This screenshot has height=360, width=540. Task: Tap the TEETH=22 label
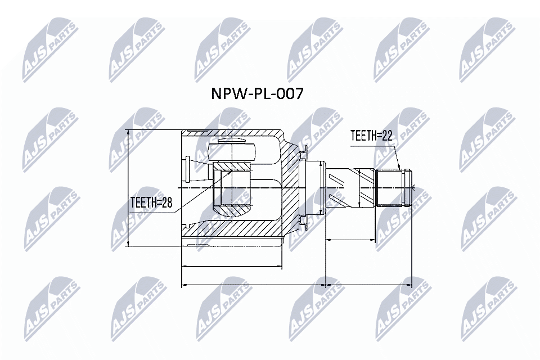click(371, 136)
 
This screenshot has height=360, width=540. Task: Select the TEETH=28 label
click(151, 202)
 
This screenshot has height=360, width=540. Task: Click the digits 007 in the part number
click(289, 93)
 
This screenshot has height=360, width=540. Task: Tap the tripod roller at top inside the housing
click(232, 151)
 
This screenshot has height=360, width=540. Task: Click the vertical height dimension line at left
click(128, 187)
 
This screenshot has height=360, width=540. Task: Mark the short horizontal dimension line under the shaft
click(350, 240)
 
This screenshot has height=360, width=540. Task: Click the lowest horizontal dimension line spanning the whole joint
click(296, 285)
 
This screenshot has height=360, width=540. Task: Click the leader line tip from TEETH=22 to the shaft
click(399, 168)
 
